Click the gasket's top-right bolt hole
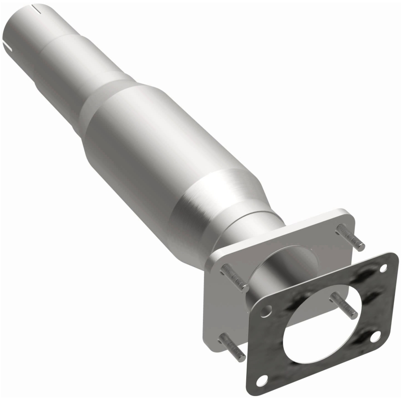(384, 269)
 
